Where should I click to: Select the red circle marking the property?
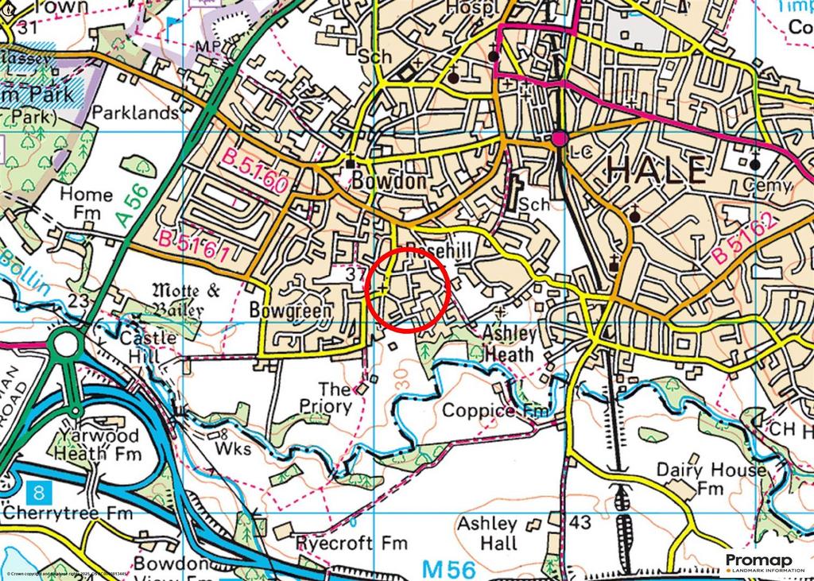pos(409,289)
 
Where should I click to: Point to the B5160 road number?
pos(254,172)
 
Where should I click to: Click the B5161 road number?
pos(196,247)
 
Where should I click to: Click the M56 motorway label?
pos(448,569)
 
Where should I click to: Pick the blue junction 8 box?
pos(36,490)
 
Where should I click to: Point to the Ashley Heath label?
pos(510,343)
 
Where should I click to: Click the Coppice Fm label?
pos(495,411)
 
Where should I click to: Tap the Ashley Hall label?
pos(487,534)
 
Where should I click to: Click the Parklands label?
pos(135,113)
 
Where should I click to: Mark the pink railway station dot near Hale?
pos(560,139)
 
